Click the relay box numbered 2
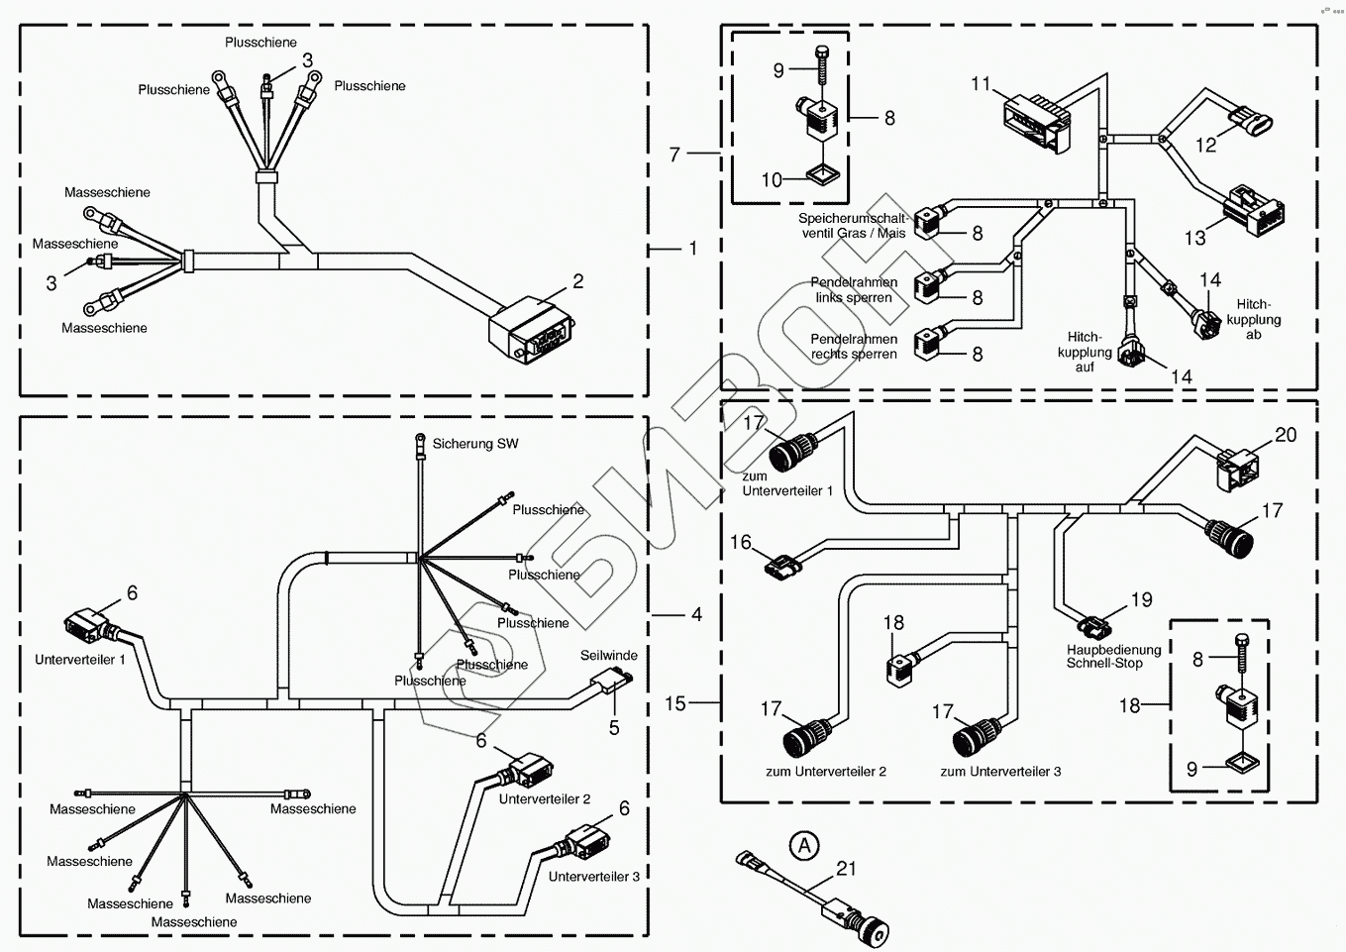(x=530, y=329)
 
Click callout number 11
(x=981, y=84)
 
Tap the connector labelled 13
(x=1253, y=205)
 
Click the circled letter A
(x=805, y=845)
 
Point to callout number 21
(x=846, y=869)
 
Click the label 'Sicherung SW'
(x=475, y=444)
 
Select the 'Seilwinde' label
(x=609, y=655)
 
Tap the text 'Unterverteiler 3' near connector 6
(x=594, y=877)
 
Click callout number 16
(x=741, y=542)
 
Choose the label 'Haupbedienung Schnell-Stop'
(x=1104, y=657)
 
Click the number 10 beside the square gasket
(x=772, y=179)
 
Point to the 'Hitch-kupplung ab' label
(x=1254, y=320)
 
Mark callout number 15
(x=675, y=703)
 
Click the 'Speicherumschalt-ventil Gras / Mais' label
(x=854, y=226)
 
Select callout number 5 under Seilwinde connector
(x=614, y=728)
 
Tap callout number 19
(x=1142, y=599)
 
